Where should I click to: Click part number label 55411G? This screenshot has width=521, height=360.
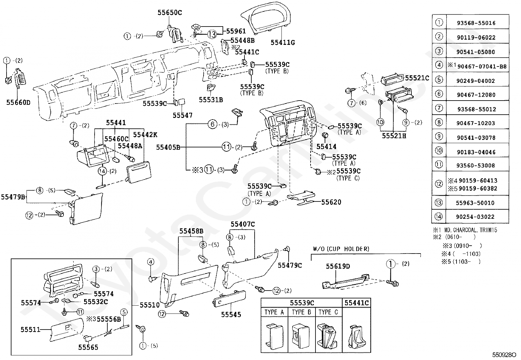(x=283, y=42)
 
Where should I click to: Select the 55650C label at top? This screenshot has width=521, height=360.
(x=170, y=12)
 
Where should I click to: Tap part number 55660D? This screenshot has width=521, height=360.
(x=18, y=103)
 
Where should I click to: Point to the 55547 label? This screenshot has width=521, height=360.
(x=183, y=115)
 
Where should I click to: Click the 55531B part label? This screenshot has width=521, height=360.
(x=211, y=100)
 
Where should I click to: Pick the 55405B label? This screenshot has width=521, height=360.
(x=168, y=147)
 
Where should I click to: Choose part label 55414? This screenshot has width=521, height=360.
(x=326, y=146)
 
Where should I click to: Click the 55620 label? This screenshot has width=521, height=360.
(x=331, y=202)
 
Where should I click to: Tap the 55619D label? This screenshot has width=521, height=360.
(x=338, y=266)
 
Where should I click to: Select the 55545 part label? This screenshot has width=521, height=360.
(x=231, y=314)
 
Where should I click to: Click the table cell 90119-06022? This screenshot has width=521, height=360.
(x=476, y=37)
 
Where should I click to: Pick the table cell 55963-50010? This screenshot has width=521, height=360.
(x=475, y=203)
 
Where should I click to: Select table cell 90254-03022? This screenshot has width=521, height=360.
(x=475, y=217)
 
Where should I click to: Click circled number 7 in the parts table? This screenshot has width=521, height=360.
(x=439, y=108)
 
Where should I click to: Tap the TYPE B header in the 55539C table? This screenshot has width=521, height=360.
(x=301, y=312)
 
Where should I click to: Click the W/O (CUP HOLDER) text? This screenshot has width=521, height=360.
(x=341, y=249)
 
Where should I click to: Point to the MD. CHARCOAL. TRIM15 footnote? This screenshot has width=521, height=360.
(x=471, y=230)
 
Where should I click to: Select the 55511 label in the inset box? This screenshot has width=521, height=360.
(x=30, y=330)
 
